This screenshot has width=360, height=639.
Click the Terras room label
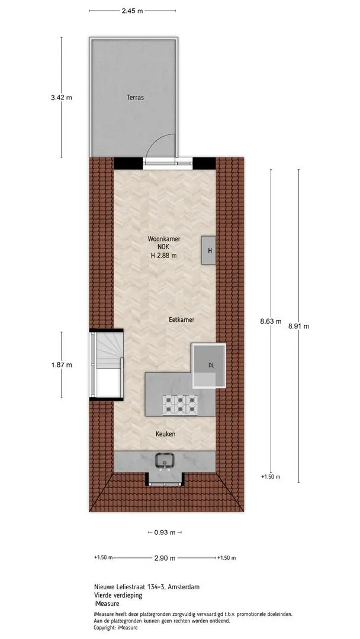135,98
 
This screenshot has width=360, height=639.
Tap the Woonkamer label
164,240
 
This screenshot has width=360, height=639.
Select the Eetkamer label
181,320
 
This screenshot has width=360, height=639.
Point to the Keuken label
166,434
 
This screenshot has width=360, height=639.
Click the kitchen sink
165,461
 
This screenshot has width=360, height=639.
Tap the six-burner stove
180,405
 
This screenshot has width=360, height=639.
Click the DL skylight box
209,366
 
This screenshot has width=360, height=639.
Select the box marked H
209,250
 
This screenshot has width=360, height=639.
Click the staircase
106,364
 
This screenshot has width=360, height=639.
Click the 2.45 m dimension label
133,11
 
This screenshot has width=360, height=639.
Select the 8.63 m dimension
271,321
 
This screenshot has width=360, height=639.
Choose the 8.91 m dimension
298,326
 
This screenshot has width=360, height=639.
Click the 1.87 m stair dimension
62,364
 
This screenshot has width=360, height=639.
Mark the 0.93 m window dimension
165,532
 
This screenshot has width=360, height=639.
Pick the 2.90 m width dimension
165,558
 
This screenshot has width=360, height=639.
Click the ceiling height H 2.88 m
164,256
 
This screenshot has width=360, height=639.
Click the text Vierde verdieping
118,595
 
